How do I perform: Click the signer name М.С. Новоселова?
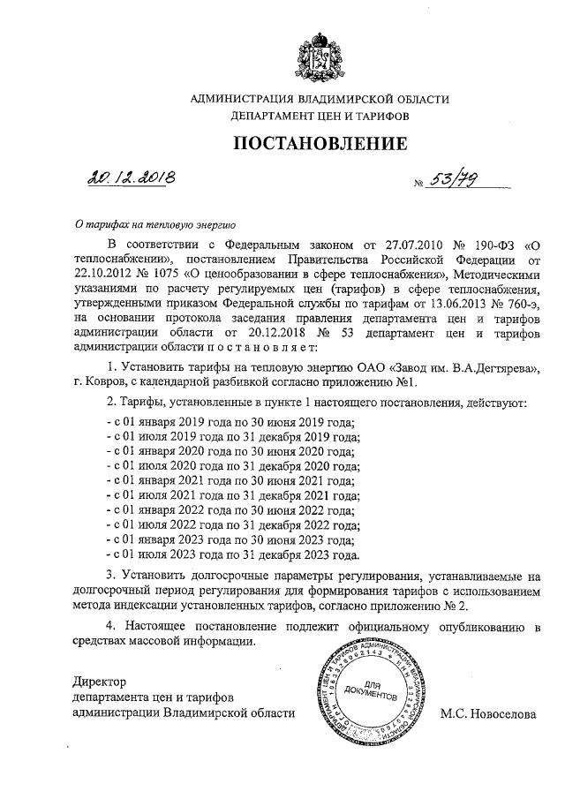(x=487, y=713)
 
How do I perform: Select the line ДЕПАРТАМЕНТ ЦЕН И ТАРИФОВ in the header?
(x=320, y=116)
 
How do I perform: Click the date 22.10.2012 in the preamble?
(x=104, y=273)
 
